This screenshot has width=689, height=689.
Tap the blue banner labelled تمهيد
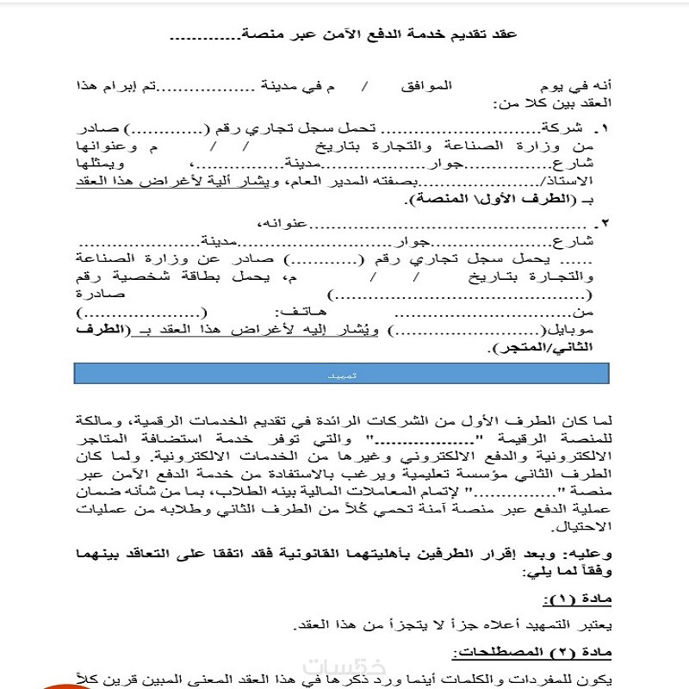tap(343, 376)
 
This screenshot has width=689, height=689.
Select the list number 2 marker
tap(603, 225)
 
